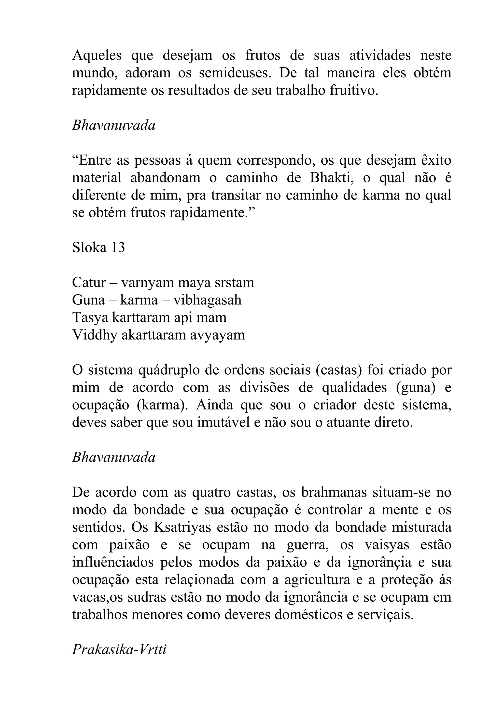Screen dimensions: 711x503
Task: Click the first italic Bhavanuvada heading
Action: coord(113,126)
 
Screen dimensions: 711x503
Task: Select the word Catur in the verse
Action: coord(89,283)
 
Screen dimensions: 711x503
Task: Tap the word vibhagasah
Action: coord(207,300)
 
